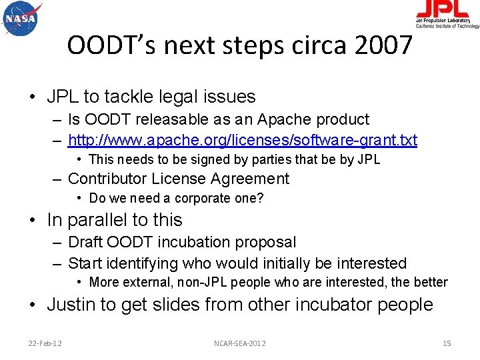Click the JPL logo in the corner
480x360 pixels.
(446, 14)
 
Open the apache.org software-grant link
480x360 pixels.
(243, 140)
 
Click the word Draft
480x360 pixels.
(86, 243)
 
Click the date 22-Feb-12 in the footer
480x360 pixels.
(45, 343)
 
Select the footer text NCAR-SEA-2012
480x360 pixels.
(239, 343)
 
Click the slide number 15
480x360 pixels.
(447, 343)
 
